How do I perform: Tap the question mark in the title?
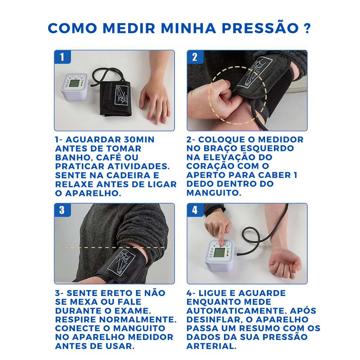pyautogui.click(x=307, y=28)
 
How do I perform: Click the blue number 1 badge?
pyautogui.click(x=62, y=57)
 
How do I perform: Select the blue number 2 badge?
pyautogui.click(x=195, y=57)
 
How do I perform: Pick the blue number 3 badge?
pyautogui.click(x=62, y=210)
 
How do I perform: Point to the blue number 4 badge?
pyautogui.click(x=195, y=210)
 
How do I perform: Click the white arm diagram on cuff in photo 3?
pyautogui.click(x=122, y=261)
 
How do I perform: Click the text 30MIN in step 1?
pyautogui.click(x=139, y=140)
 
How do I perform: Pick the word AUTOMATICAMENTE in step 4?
pyautogui.click(x=237, y=311)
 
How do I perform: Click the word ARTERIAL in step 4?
pyautogui.click(x=211, y=346)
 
